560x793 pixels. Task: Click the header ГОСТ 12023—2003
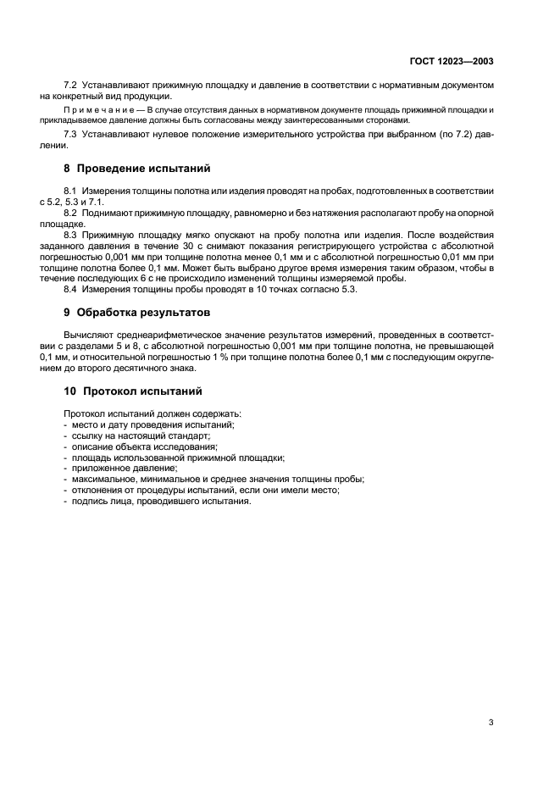(x=452, y=62)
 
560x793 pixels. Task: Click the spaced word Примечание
(x=102, y=111)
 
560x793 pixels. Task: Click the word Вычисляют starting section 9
(x=90, y=336)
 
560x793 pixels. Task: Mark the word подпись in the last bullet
(x=89, y=501)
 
